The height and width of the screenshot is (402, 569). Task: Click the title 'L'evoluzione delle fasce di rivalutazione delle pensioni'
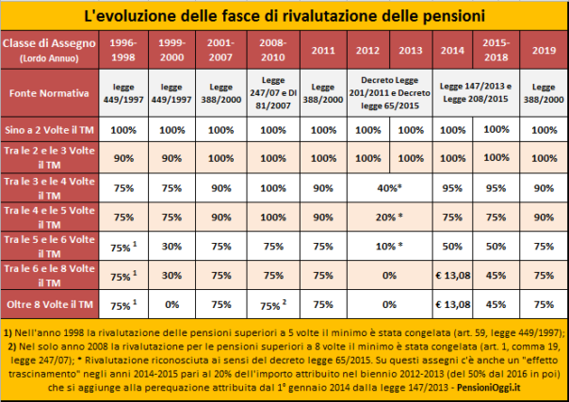click(284, 16)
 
